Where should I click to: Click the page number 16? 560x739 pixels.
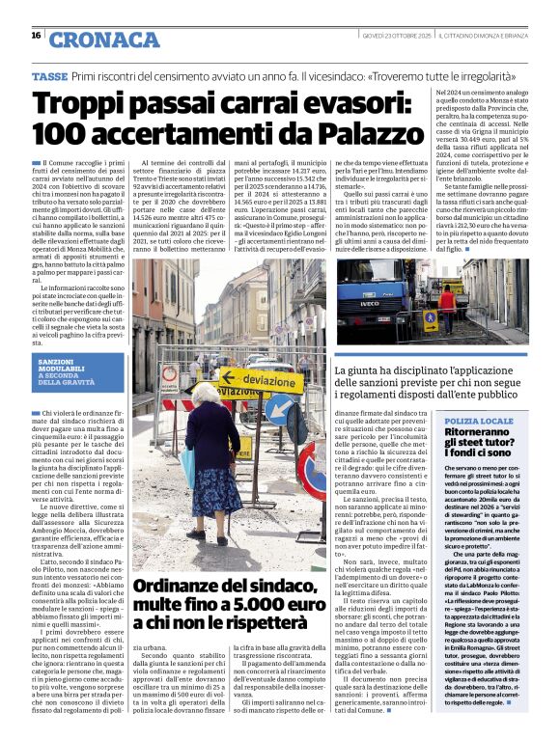(x=36, y=36)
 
